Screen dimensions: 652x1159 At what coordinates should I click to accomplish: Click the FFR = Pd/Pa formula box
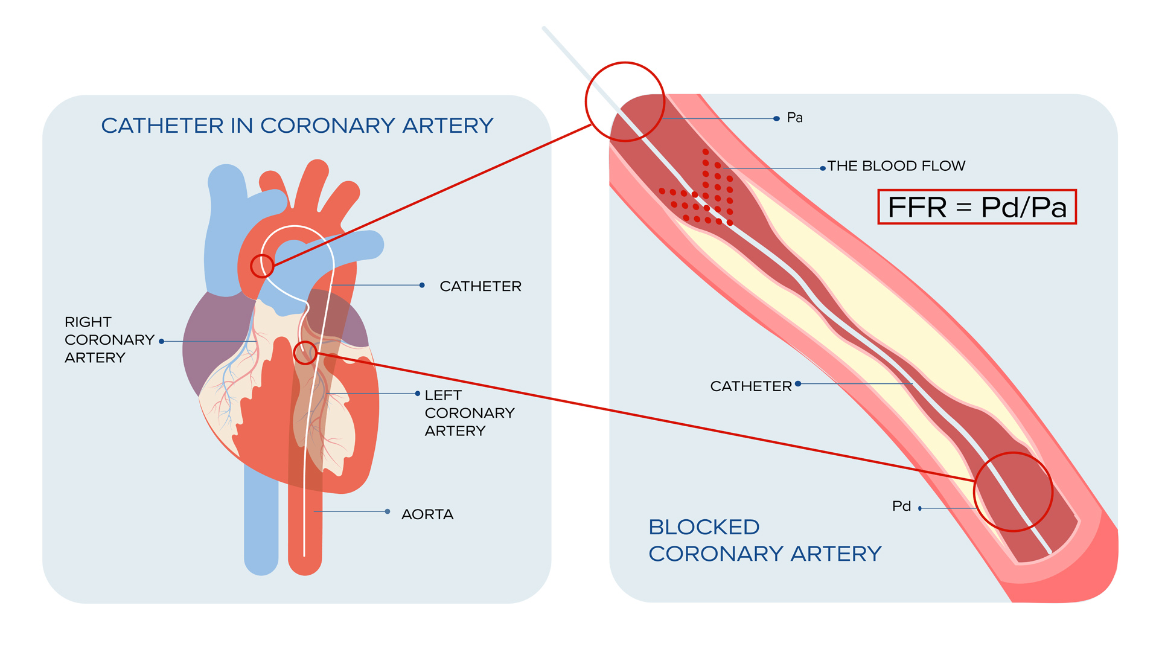[977, 207]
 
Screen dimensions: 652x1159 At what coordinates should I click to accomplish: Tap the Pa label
[794, 118]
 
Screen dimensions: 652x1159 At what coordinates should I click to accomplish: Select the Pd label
[901, 506]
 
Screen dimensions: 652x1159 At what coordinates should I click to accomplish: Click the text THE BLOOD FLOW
[896, 166]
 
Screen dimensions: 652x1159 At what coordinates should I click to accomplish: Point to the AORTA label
[427, 514]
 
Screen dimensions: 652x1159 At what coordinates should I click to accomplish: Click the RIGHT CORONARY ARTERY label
[109, 340]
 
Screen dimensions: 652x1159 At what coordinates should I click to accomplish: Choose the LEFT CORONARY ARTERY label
[469, 413]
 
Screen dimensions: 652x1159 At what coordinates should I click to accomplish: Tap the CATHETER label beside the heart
[480, 286]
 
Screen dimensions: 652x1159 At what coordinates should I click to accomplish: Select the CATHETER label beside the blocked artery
[750, 386]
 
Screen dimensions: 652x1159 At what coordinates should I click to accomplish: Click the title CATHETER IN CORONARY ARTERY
[297, 126]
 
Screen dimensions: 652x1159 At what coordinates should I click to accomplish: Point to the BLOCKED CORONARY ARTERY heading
[764, 540]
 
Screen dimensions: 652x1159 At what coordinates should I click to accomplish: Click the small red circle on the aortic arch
[262, 266]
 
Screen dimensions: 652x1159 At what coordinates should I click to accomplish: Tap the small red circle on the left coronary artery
[305, 353]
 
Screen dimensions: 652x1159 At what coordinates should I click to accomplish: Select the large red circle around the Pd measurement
[1013, 492]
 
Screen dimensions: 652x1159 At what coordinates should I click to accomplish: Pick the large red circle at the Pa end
[625, 101]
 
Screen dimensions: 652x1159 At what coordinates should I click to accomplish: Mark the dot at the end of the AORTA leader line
[388, 511]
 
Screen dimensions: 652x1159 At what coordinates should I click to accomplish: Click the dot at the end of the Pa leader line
[776, 118]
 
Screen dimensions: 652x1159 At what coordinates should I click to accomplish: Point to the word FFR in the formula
[917, 207]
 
